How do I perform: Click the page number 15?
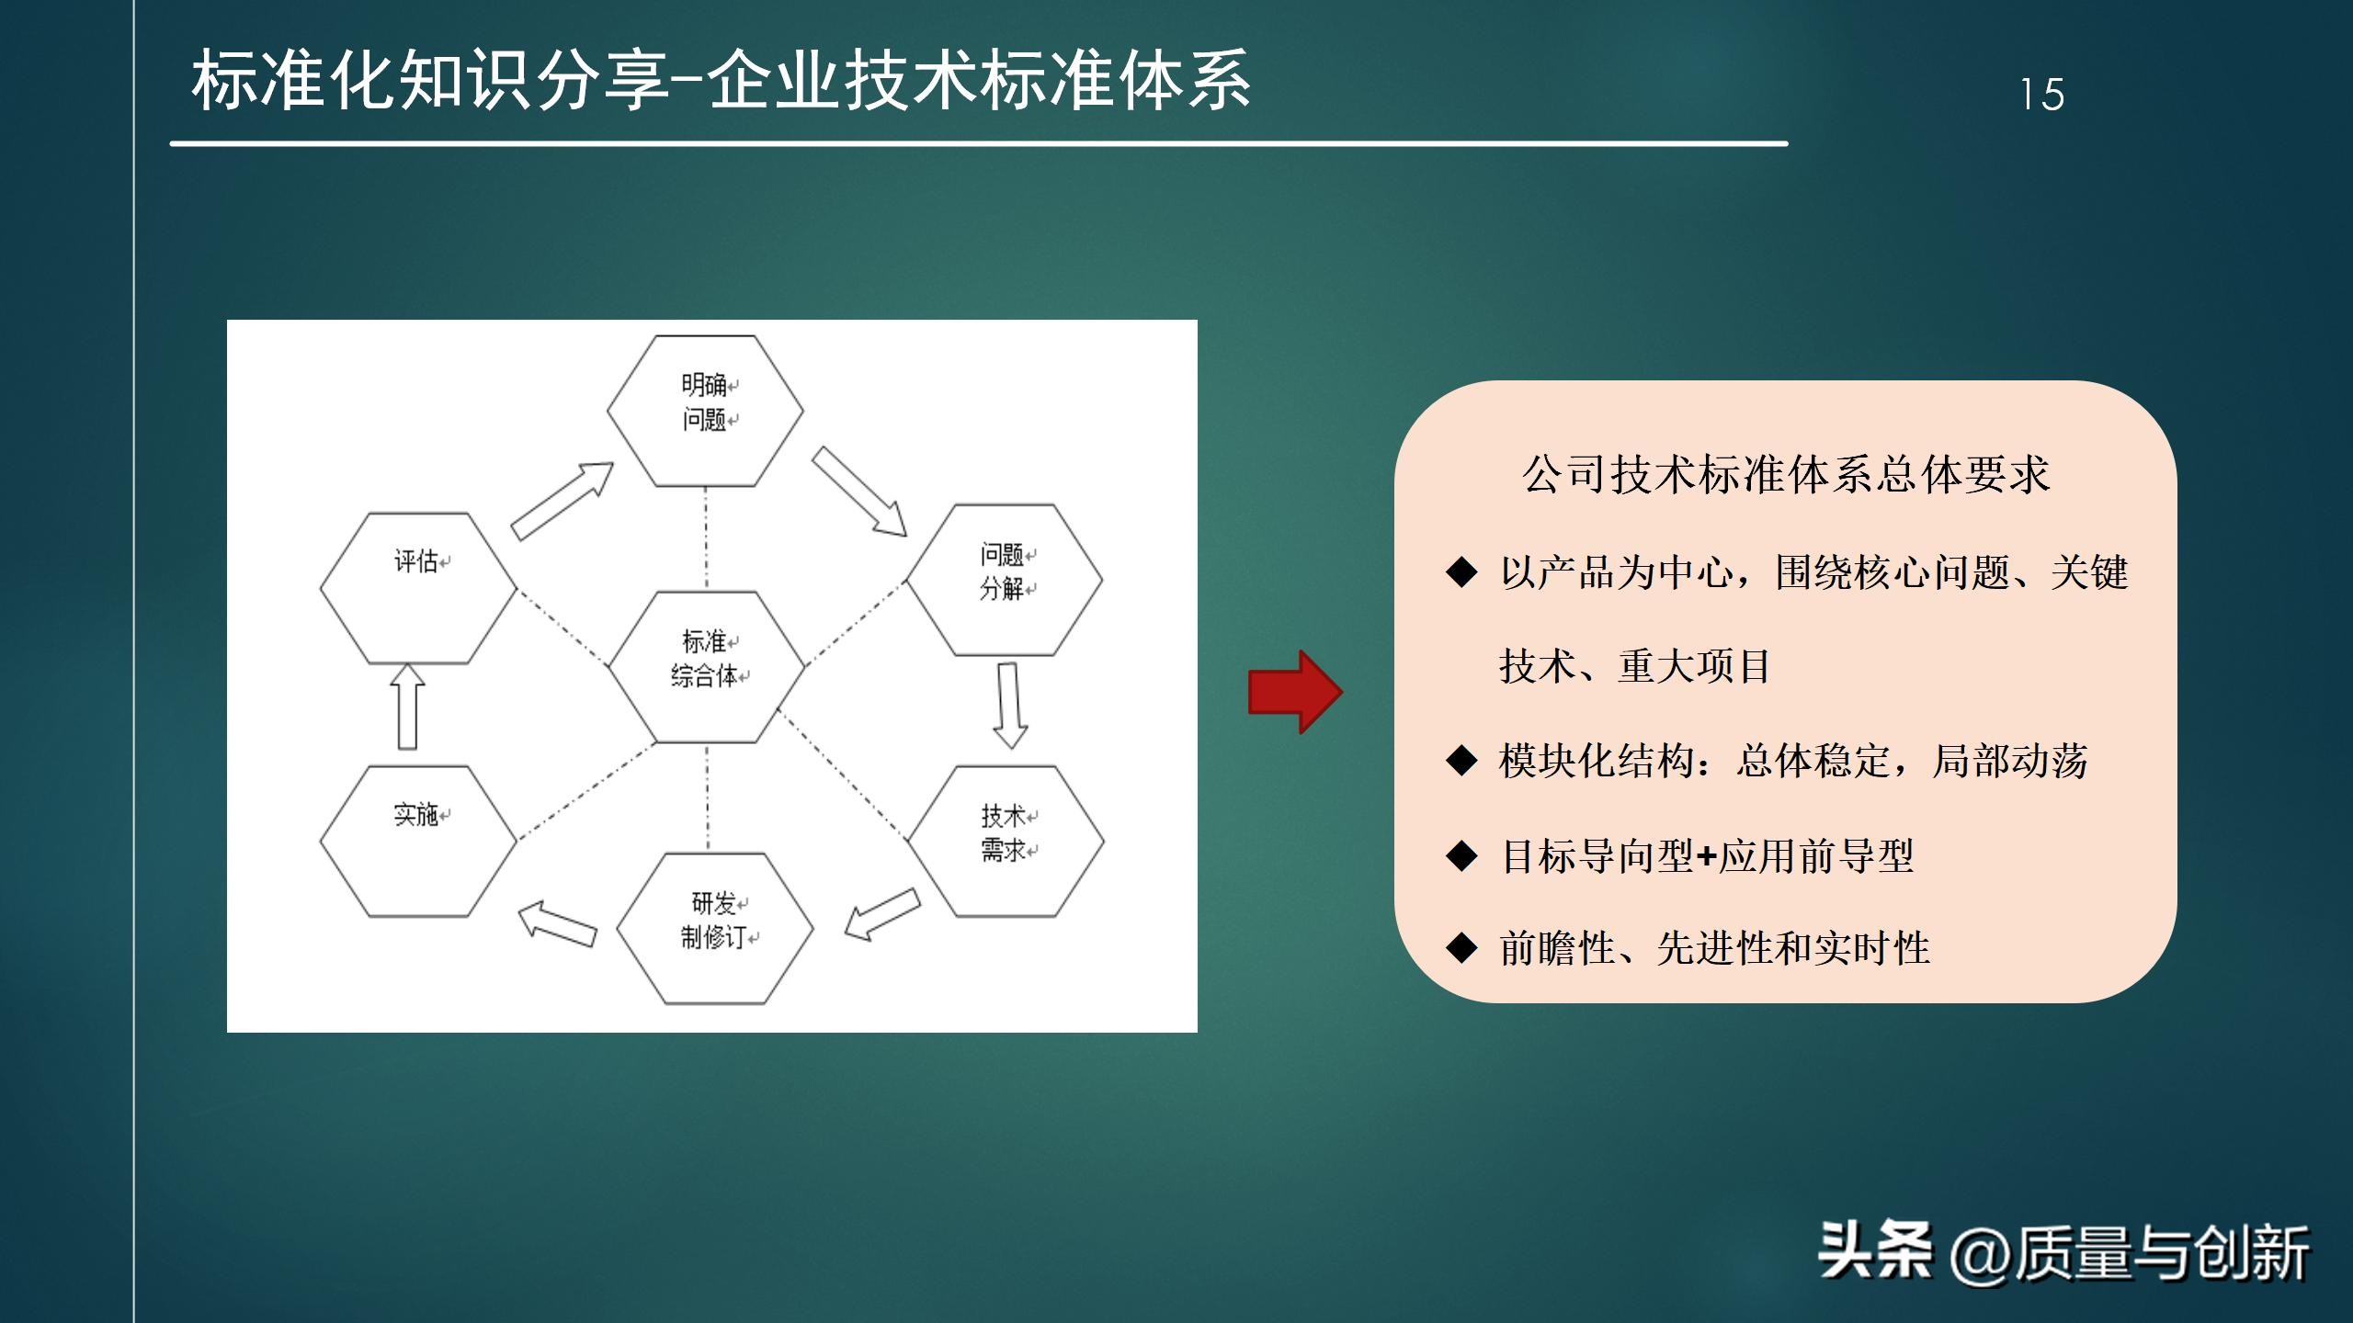[2041, 95]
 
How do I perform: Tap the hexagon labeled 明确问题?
[705, 411]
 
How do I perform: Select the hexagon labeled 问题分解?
[1004, 580]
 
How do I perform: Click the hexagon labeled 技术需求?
[1006, 841]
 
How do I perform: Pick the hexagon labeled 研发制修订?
[714, 928]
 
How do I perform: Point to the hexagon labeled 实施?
[418, 841]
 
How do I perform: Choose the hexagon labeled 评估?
[418, 588]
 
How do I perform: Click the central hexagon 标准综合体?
[705, 666]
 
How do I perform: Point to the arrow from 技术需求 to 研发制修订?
[882, 913]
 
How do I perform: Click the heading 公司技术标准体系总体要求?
[1785, 475]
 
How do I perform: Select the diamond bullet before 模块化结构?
[1461, 761]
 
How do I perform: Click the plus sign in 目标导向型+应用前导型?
[1706, 857]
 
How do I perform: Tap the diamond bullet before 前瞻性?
[1461, 948]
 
